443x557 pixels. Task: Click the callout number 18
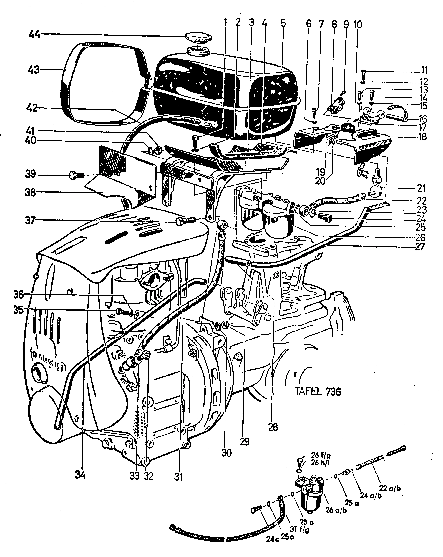click(x=422, y=137)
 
